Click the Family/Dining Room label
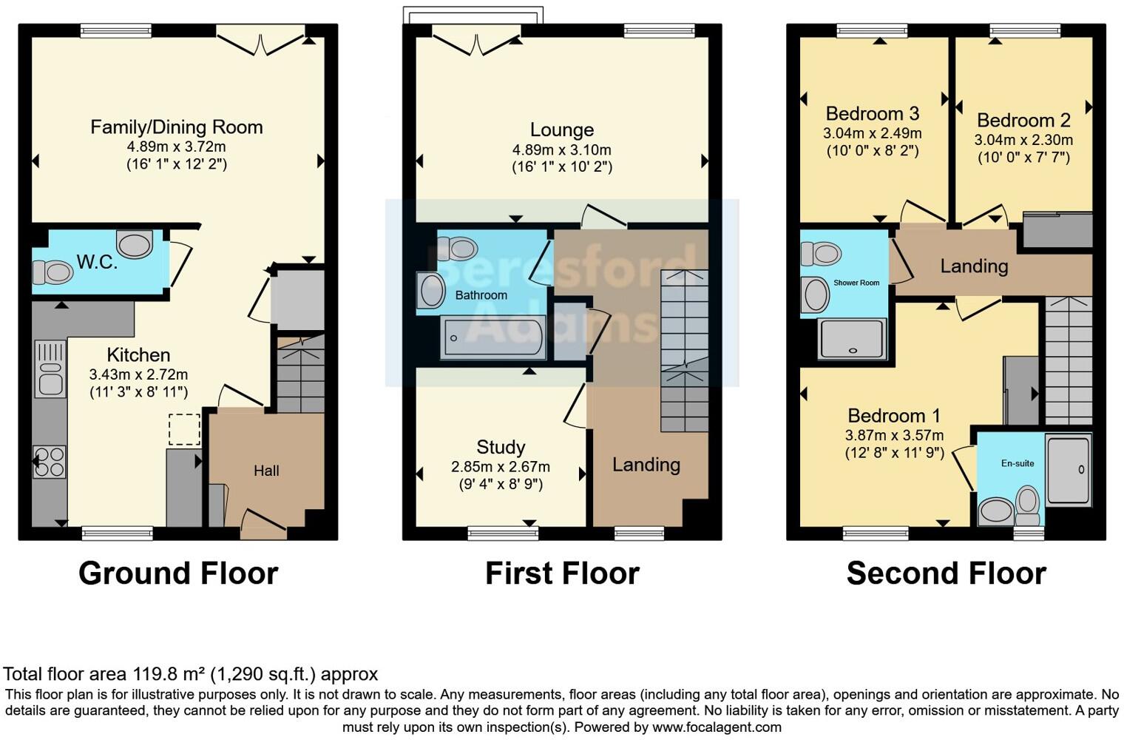[176, 127]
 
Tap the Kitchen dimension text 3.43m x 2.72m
[138, 374]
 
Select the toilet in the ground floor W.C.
[53, 272]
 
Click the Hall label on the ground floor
[266, 471]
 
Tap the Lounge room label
[561, 130]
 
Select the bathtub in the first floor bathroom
[492, 338]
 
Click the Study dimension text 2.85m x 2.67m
[500, 467]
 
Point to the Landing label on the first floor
[646, 465]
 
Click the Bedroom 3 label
[872, 114]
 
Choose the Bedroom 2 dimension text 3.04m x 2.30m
[1023, 140]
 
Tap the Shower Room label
[856, 283]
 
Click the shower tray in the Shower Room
[852, 339]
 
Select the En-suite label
[1018, 463]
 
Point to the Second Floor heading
[946, 573]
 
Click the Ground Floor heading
[178, 573]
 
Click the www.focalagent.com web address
[717, 727]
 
